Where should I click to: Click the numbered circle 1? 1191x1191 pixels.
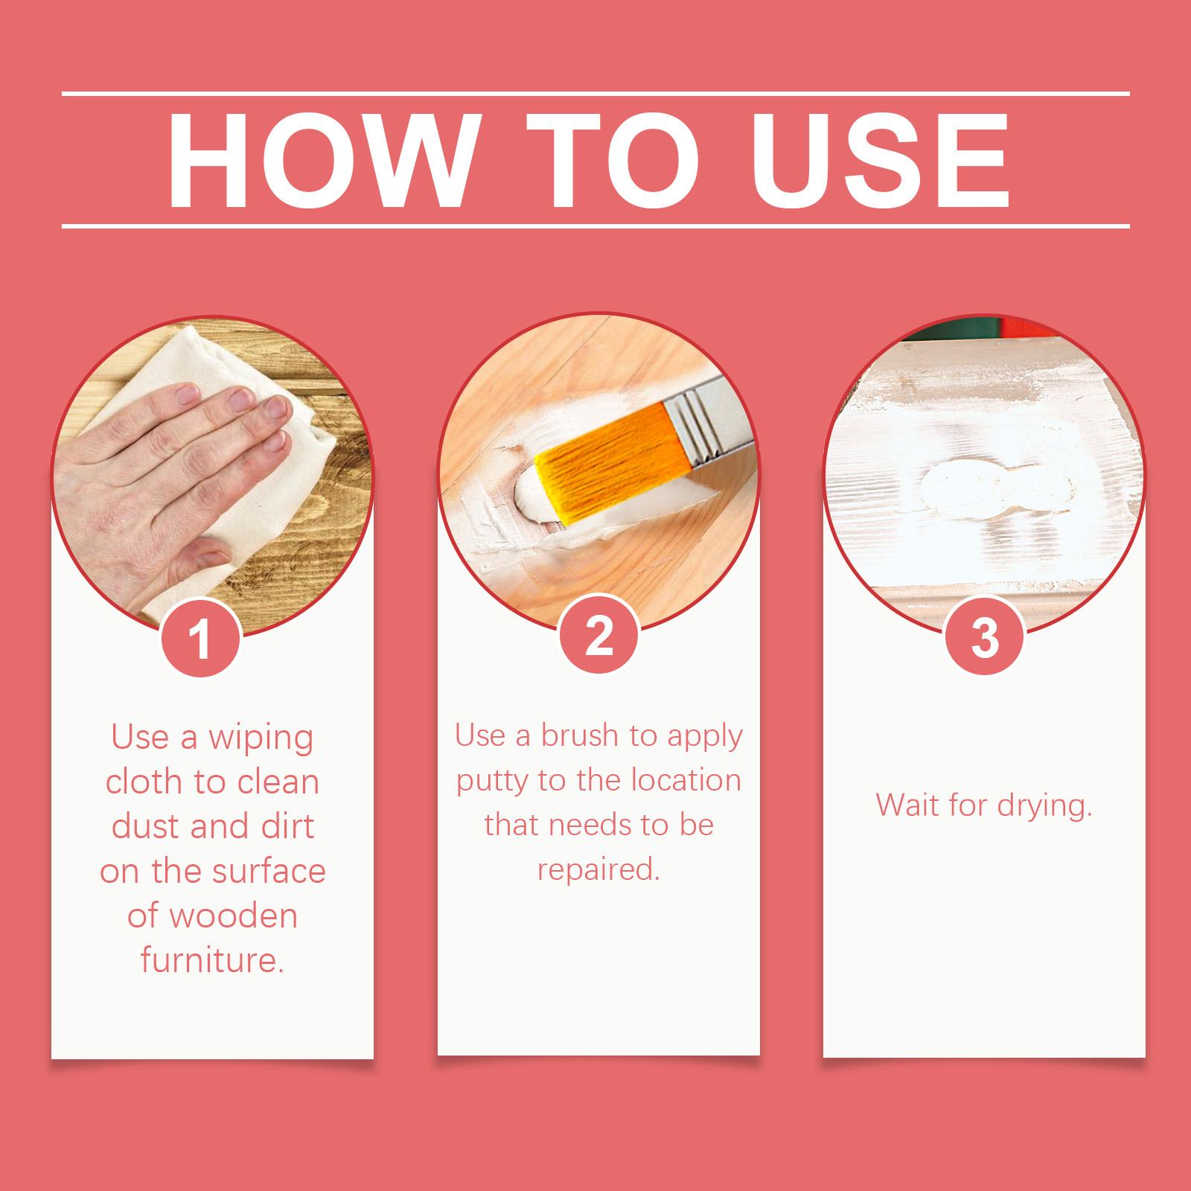(x=201, y=639)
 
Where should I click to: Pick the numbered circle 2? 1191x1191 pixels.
(x=598, y=637)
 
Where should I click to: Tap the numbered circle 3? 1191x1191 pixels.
(x=984, y=637)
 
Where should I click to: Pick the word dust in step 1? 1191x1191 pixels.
(x=146, y=827)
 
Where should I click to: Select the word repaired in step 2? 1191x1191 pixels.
(x=598, y=870)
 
